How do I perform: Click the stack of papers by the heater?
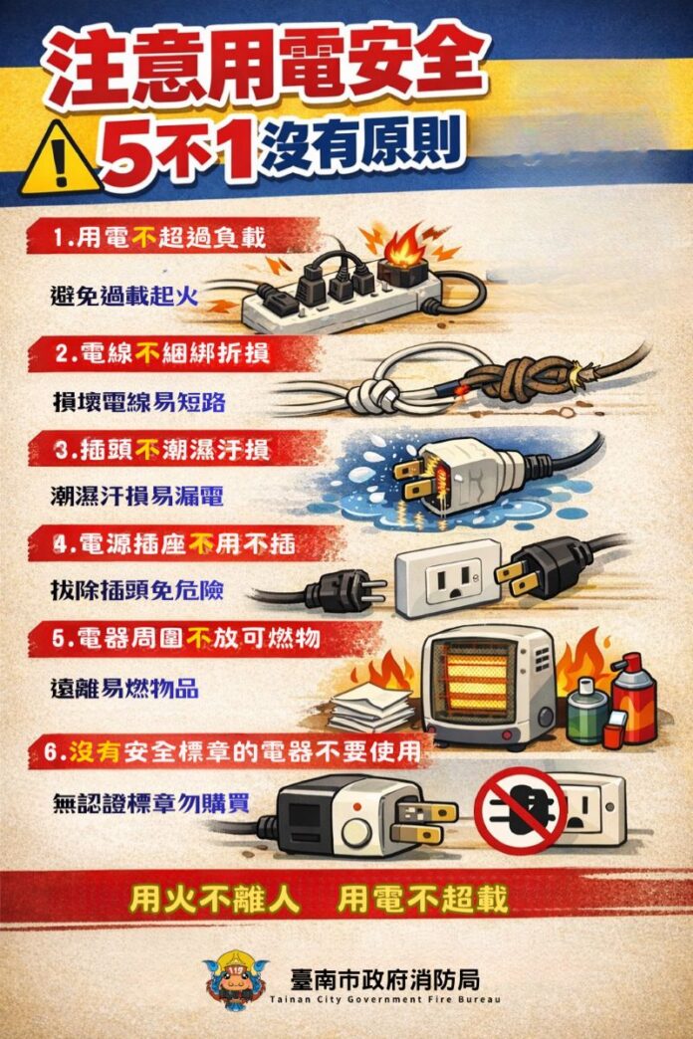click(372, 708)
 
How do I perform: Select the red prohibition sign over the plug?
click(521, 810)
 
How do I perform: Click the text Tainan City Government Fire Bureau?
click(384, 999)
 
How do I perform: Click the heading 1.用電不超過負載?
click(159, 237)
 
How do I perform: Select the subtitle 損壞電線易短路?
click(138, 402)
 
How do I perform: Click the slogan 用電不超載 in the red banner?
click(422, 900)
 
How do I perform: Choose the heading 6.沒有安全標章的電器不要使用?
click(232, 752)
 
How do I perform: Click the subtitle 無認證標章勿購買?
click(151, 802)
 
